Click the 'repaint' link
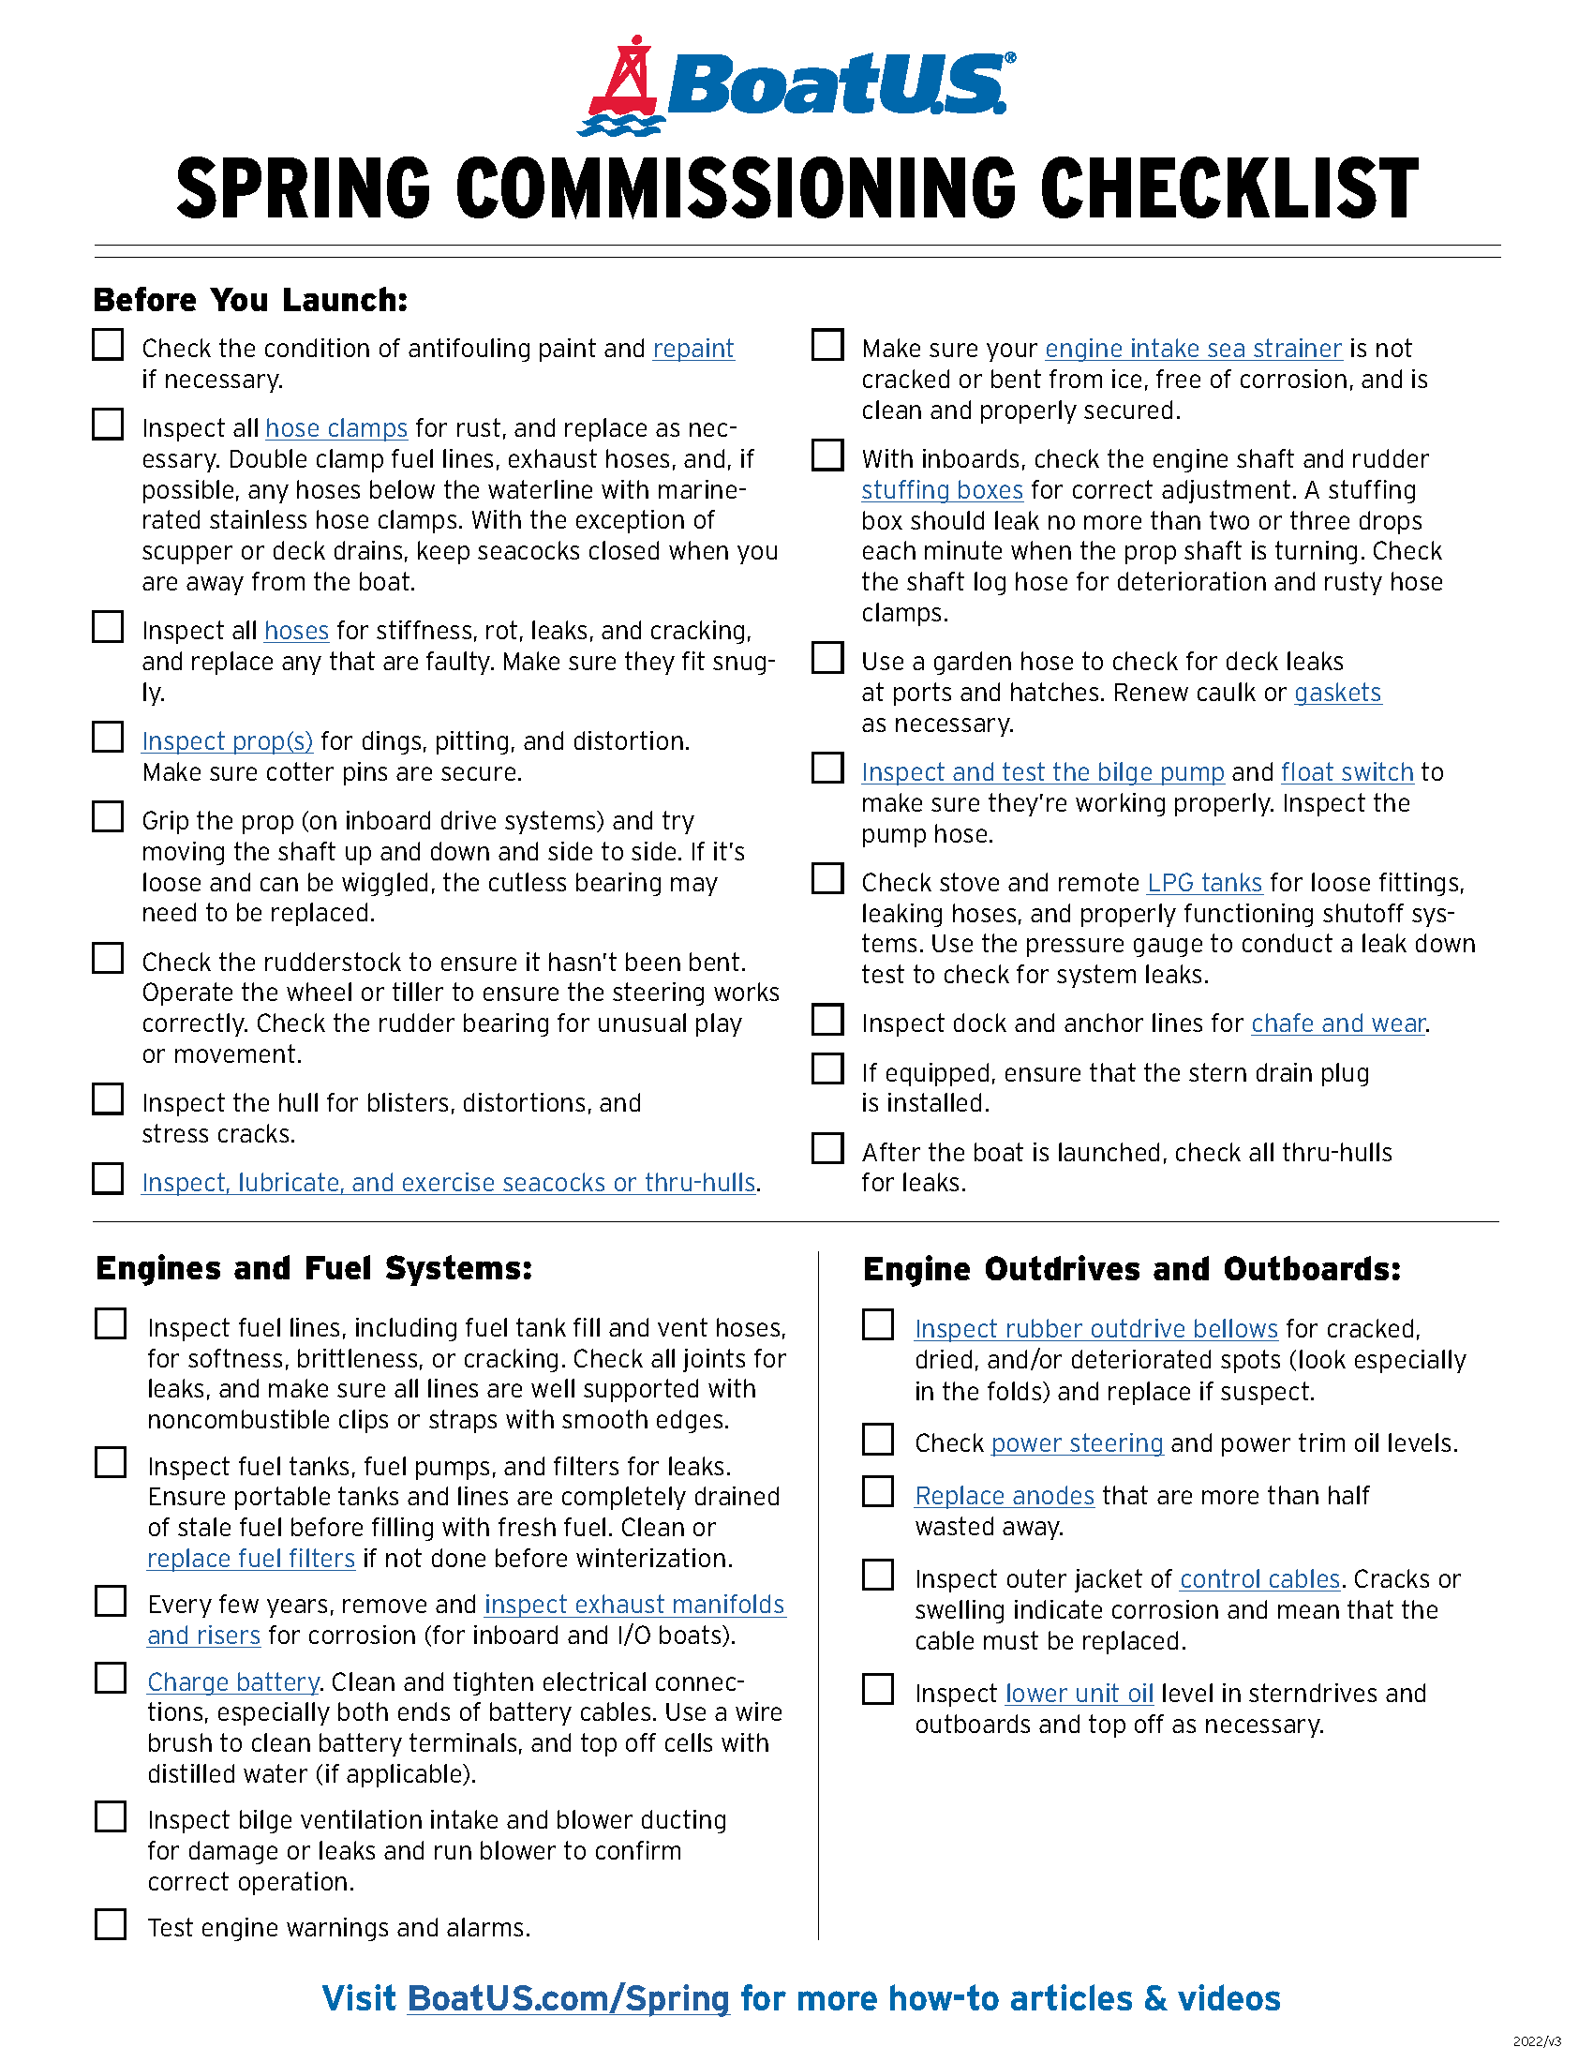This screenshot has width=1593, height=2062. pos(692,350)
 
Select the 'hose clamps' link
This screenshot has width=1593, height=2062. pos(336,428)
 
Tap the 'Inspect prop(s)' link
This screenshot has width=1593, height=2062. pos(227,741)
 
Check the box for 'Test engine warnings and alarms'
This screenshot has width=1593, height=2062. pos(111,1924)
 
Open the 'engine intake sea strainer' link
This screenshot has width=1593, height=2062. pos(1193,350)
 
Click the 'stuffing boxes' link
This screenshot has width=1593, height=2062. pos(942,491)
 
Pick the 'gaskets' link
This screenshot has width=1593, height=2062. pos(1337,693)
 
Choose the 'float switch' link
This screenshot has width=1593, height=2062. pos(1347,772)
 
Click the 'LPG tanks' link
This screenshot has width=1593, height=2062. pos(1204,883)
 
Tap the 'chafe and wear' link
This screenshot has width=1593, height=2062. pos(1338,1024)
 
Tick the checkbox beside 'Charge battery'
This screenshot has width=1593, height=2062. pos(111,1679)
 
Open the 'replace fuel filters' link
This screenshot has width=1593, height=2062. pos(251,1559)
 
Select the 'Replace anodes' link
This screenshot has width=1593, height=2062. pos(1005,1497)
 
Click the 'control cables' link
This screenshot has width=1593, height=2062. pos(1259,1579)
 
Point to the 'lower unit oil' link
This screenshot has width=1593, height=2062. pos(1079,1694)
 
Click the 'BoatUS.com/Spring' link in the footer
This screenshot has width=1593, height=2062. pos(568,1999)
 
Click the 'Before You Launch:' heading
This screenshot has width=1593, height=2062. pos(250,300)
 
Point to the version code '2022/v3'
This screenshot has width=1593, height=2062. pos(1537,2041)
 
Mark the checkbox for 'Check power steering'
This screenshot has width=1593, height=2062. pos(878,1440)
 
